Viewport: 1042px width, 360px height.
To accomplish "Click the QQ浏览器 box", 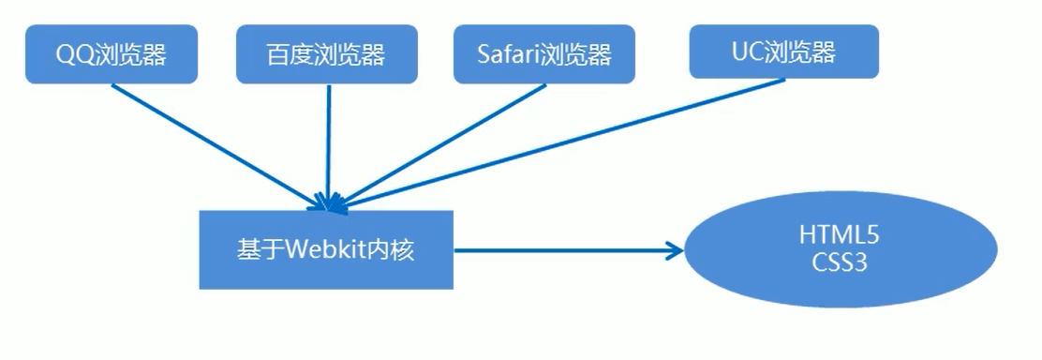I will tap(112, 55).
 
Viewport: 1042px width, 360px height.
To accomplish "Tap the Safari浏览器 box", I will tap(543, 54).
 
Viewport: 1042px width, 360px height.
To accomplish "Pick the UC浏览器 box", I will tap(783, 51).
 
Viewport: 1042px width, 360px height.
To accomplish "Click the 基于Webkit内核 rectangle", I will tap(326, 250).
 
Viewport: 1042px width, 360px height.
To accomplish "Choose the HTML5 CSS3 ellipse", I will tap(840, 249).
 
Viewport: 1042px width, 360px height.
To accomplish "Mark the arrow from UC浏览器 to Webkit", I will tap(562, 141).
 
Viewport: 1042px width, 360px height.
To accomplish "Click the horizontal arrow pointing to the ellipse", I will tap(562, 250).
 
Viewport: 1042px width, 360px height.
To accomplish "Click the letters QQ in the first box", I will tap(71, 55).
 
